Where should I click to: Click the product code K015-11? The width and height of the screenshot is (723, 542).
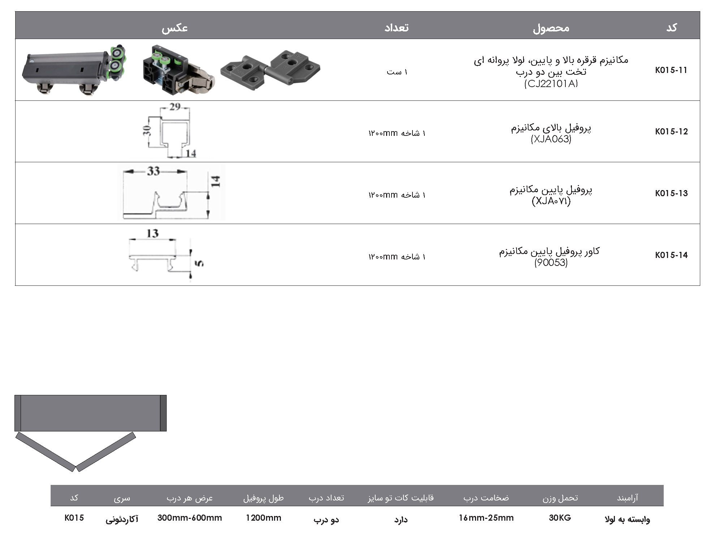(x=671, y=70)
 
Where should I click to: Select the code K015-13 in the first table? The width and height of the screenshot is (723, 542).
(x=671, y=193)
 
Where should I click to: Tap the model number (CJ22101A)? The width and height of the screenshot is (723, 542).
(x=551, y=84)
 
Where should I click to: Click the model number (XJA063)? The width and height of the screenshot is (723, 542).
(x=551, y=139)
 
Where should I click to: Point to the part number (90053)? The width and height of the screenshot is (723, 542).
(x=551, y=263)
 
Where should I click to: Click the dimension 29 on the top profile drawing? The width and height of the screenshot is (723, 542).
(x=175, y=107)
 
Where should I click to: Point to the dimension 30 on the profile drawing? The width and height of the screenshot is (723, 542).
(x=147, y=130)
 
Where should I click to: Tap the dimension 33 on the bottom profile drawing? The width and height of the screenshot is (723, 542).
(x=153, y=171)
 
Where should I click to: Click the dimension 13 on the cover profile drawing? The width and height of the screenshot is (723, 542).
(x=153, y=233)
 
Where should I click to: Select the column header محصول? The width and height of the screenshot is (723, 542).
(x=551, y=28)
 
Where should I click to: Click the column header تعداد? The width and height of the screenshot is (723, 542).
(x=397, y=28)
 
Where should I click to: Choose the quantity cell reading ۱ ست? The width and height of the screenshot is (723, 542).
(x=397, y=72)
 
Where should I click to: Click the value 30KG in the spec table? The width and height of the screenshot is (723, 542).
(x=560, y=518)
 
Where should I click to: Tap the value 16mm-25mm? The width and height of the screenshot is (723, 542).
(x=486, y=518)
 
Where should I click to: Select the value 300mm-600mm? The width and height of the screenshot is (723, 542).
(x=189, y=518)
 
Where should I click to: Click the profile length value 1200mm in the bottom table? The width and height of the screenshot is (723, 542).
(x=263, y=518)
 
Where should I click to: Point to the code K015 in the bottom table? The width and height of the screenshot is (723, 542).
(x=74, y=518)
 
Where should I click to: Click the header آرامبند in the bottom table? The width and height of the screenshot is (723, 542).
(x=627, y=498)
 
